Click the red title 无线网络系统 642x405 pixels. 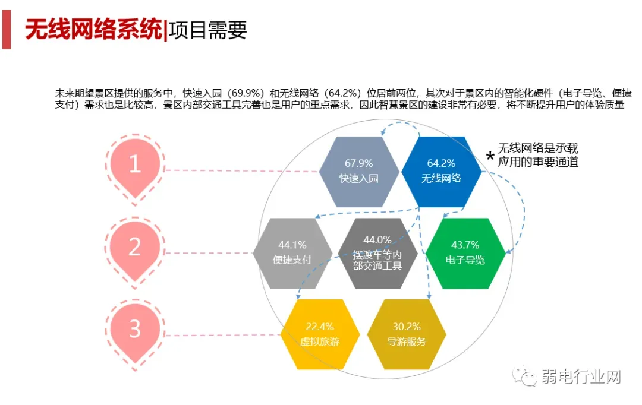coord(93,29)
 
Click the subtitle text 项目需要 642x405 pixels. coord(207,29)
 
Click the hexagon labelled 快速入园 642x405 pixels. coord(358,172)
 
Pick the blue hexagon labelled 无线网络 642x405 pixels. coord(441,172)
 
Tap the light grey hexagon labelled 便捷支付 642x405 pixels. coord(292,253)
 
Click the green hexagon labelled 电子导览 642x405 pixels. coord(465,253)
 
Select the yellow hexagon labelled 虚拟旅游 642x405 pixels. coord(320,334)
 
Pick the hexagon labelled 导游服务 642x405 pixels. coord(407,334)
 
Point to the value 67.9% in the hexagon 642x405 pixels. coord(358,163)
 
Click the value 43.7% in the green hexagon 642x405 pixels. coord(465,245)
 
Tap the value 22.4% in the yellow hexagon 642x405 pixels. coord(320,327)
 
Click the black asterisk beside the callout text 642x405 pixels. coord(490,156)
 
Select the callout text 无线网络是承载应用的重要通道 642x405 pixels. coord(538,154)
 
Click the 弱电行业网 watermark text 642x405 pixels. coord(581,376)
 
